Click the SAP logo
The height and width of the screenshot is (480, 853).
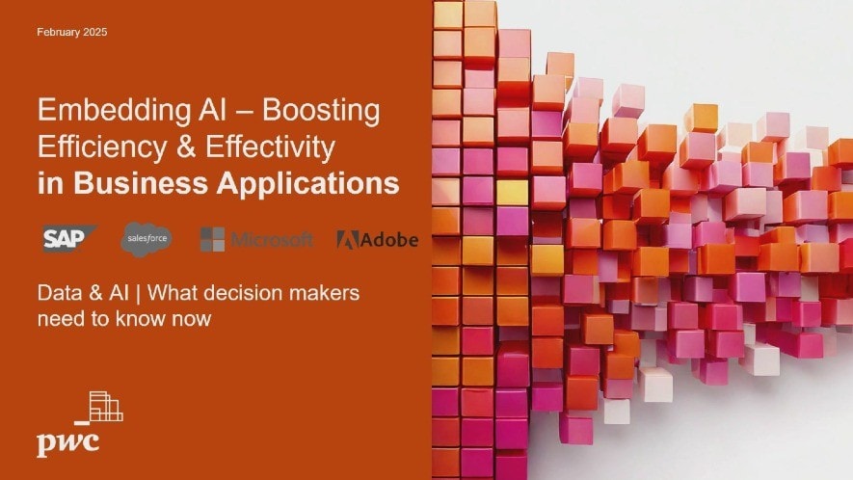click(x=69, y=238)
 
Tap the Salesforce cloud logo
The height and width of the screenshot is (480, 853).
click(x=147, y=239)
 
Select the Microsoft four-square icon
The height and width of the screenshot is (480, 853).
click(x=212, y=239)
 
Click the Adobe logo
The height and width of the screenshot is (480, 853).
click(x=378, y=239)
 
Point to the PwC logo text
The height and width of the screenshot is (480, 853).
click(x=68, y=442)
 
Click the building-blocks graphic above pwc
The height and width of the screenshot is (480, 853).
click(x=99, y=407)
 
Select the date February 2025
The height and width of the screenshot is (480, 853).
click(x=72, y=32)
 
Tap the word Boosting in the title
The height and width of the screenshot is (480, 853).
click(x=321, y=111)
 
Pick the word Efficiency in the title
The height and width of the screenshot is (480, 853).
click(x=102, y=147)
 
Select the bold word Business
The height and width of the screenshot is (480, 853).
click(x=141, y=183)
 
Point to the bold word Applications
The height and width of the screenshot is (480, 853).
click(x=308, y=184)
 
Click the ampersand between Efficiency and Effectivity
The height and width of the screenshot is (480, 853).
click(x=186, y=147)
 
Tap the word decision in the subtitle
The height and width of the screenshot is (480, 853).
click(x=248, y=293)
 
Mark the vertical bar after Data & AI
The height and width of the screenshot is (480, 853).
click(x=138, y=294)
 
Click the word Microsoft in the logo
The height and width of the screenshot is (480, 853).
click(x=272, y=239)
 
